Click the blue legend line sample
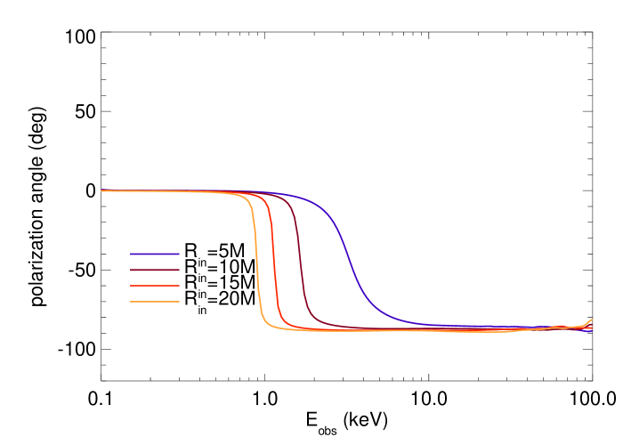154,254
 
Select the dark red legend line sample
154,270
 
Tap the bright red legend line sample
154,286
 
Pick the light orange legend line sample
154,302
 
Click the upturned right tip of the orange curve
591,320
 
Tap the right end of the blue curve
591,331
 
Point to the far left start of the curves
102,190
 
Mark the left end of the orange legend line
131,302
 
